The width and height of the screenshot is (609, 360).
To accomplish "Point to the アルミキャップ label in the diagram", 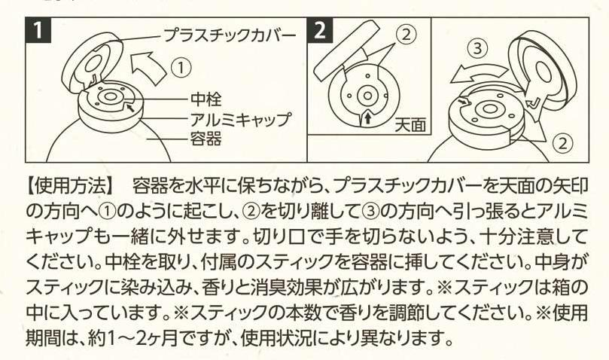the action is (x=239, y=119).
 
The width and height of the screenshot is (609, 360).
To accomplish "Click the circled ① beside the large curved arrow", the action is (x=181, y=66).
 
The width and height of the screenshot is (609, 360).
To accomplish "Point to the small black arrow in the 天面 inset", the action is (x=366, y=118).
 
